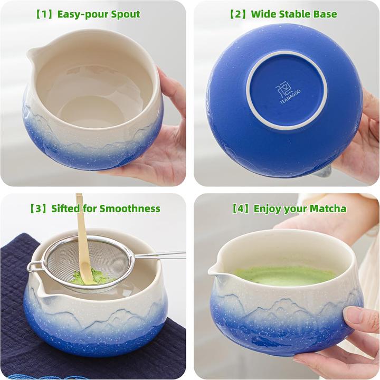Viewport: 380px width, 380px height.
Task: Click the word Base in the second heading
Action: click(x=324, y=14)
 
